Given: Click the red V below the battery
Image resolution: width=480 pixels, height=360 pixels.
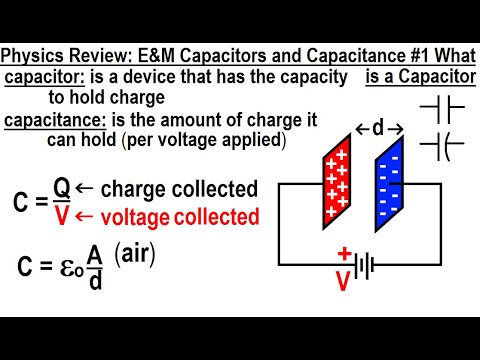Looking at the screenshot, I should (x=343, y=282).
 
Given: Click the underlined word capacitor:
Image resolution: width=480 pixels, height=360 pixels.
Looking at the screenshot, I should (x=41, y=77).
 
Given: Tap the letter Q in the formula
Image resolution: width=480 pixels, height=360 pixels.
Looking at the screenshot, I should (x=62, y=188).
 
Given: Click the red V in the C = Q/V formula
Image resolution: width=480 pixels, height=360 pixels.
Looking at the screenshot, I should (x=62, y=214).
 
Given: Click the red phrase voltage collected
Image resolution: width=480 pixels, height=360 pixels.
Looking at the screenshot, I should (x=173, y=215).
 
